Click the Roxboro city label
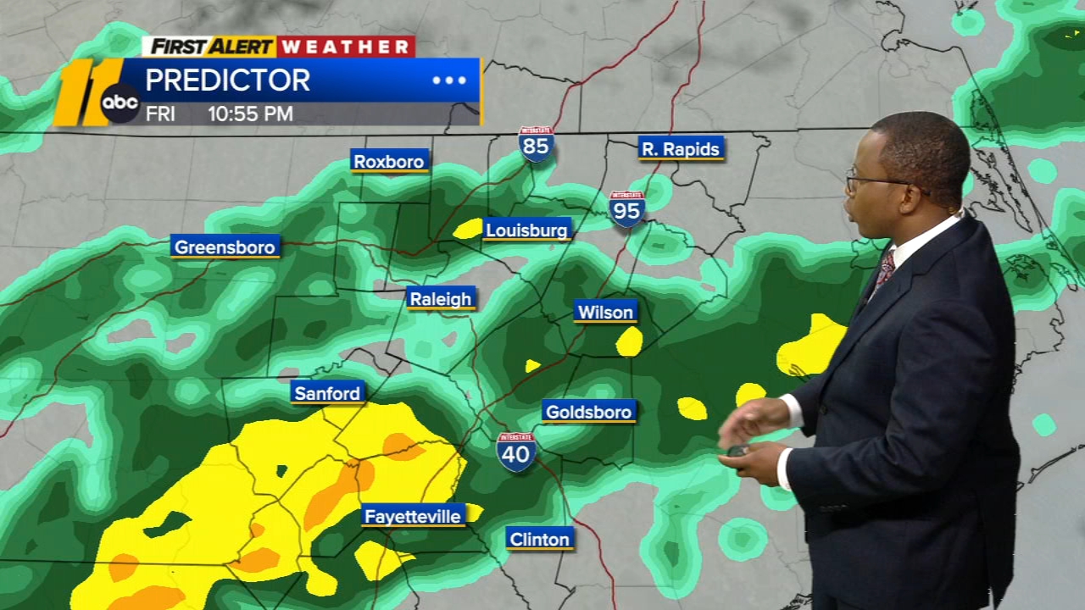point(390,161)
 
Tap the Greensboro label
point(225,247)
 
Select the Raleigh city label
point(441,298)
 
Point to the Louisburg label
point(527,230)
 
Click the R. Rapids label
point(681,149)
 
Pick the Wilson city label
point(605,312)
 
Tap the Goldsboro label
point(589,412)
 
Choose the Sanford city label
point(327,393)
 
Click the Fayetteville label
point(413,516)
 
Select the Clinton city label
point(540,539)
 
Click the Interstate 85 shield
point(537,145)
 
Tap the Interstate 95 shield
point(626,209)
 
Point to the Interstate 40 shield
point(516,452)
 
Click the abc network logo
point(120,103)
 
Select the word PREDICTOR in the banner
point(227,80)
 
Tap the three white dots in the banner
point(449,80)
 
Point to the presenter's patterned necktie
point(883,271)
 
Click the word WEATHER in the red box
point(346,47)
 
